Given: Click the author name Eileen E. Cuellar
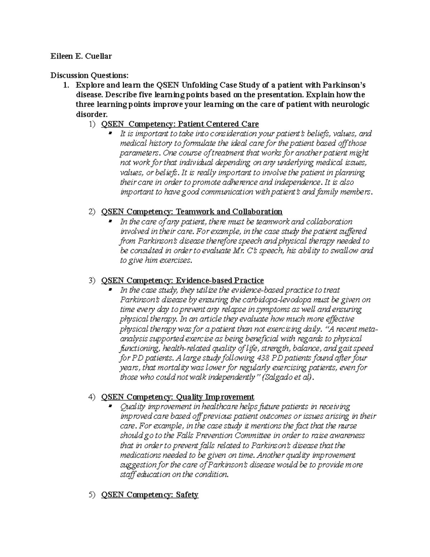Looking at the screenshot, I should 81,56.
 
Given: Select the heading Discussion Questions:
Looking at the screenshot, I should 89,75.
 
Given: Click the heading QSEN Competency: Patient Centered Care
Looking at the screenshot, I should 180,124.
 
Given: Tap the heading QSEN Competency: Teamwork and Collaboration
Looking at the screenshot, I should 192,212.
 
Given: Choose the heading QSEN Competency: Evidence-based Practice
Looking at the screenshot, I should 182,280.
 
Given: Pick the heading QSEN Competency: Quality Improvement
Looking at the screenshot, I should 178,397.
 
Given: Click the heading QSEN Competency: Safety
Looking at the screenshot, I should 150,495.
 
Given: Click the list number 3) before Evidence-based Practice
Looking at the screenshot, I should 92,280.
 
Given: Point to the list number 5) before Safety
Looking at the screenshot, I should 92,495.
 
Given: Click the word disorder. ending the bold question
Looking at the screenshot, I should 91,114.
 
